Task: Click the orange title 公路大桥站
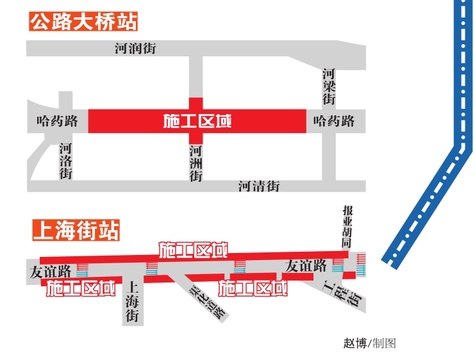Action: [x=83, y=21]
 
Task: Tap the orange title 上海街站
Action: [x=76, y=230]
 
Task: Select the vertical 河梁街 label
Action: [x=329, y=86]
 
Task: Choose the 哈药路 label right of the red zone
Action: [x=334, y=120]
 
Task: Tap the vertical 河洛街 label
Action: [x=65, y=161]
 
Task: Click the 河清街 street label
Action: [x=259, y=186]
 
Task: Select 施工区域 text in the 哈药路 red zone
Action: [x=197, y=121]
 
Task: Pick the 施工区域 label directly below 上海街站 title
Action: [x=194, y=250]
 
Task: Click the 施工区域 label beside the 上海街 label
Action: [x=81, y=288]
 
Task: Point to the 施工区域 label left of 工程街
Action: [x=253, y=288]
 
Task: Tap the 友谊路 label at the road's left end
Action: [x=50, y=271]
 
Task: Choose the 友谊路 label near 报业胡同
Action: [x=306, y=265]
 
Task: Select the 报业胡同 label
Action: [x=347, y=227]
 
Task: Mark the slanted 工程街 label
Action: [x=342, y=292]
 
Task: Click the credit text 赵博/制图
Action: [x=369, y=343]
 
